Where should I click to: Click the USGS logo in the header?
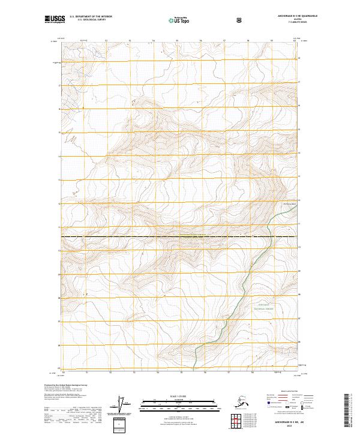click(55, 19)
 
